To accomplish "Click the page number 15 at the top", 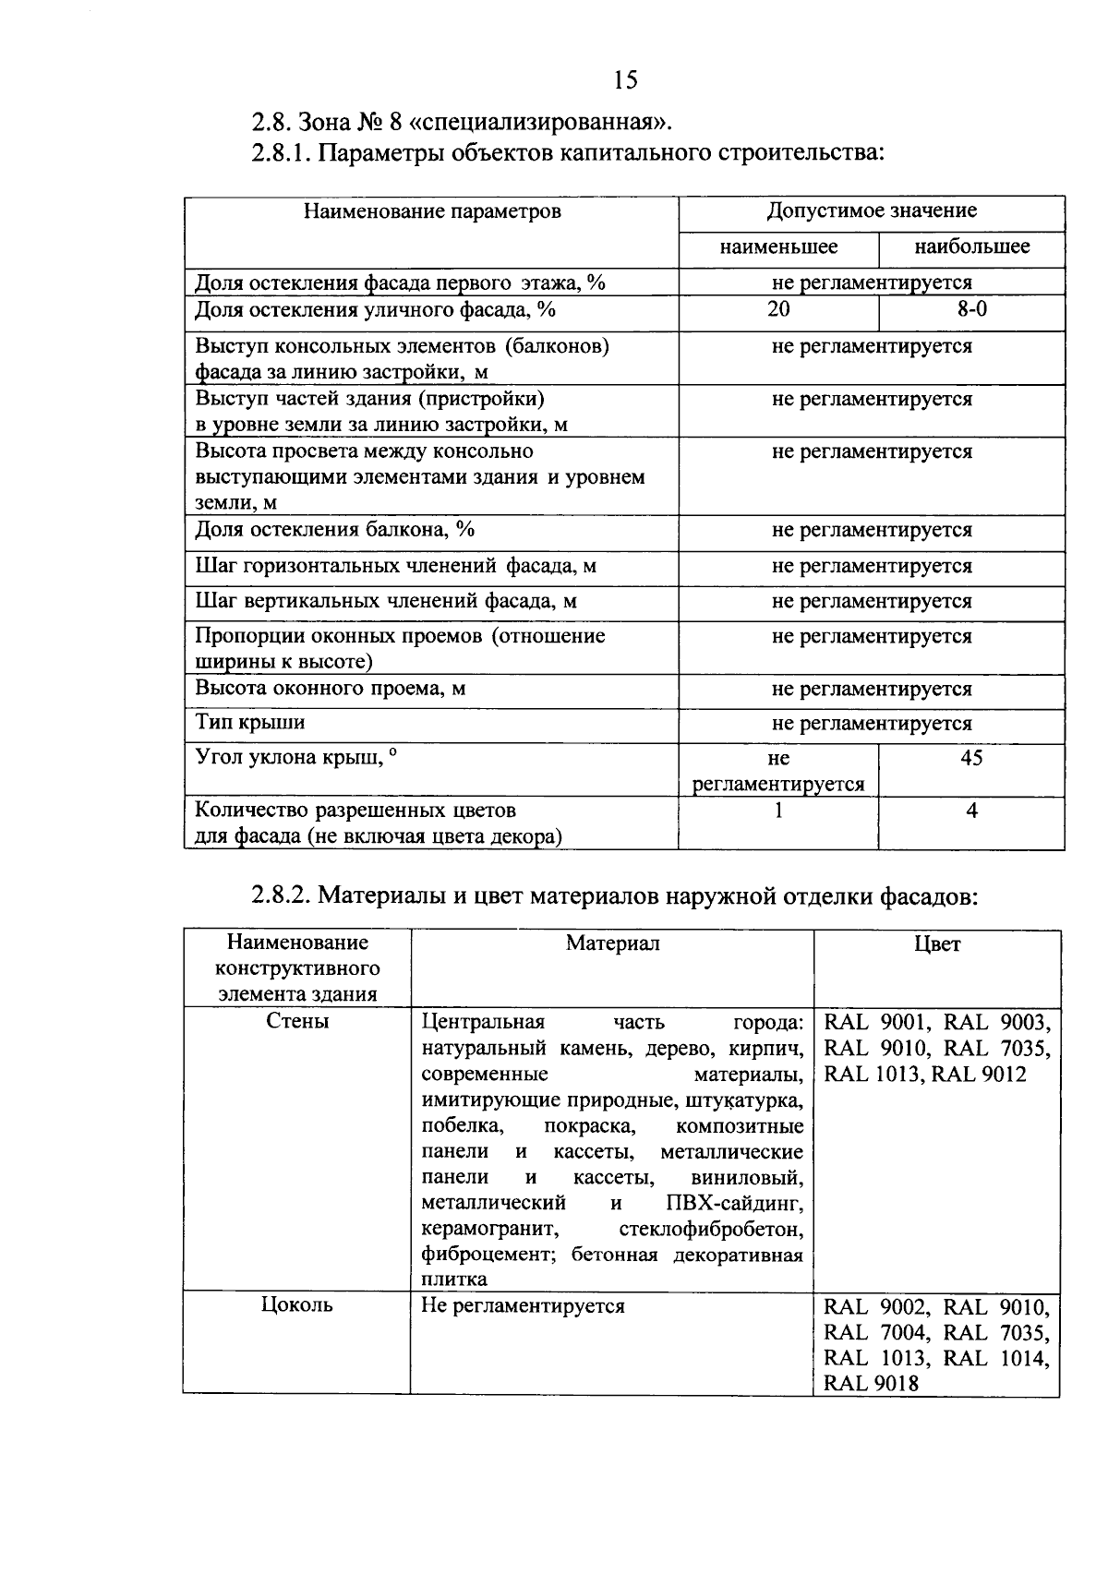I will pos(625,81).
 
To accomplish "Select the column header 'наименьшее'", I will pos(778,246).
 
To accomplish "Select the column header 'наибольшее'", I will pos(971,246).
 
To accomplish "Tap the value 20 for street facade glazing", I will pos(778,309).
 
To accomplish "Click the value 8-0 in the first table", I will pos(971,309).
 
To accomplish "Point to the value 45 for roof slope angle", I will pos(971,759).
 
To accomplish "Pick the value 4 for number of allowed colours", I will pos(971,811).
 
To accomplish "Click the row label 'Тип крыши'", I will pos(249,723).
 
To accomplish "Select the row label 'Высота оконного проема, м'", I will pos(330,689).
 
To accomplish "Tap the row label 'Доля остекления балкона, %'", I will pos(334,530).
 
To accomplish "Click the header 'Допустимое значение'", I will pos(871,210).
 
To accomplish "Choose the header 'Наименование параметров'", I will pos(432,211).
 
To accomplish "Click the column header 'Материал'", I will pos(612,943).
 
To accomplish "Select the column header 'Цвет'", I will pos(937,943).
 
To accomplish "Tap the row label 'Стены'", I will pos(297,1022).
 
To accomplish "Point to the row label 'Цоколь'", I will pos(297,1305).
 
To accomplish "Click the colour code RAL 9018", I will pos(871,1383).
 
